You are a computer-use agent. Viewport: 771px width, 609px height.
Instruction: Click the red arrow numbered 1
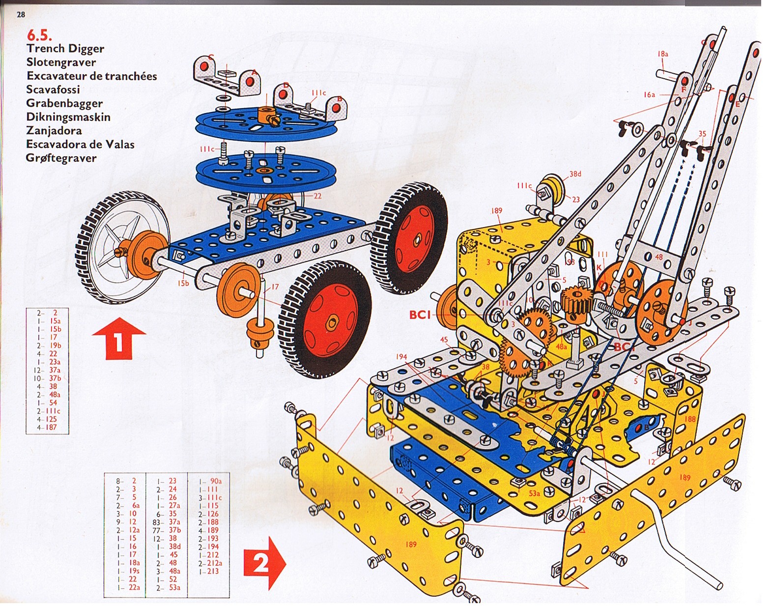119,338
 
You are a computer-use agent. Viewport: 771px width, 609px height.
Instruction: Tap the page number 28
21,15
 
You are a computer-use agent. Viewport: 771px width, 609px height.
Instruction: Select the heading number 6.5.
39,35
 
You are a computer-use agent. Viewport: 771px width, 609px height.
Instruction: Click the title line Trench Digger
65,49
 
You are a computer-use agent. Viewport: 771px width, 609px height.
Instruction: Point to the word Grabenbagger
64,104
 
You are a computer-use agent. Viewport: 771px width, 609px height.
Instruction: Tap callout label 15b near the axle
183,283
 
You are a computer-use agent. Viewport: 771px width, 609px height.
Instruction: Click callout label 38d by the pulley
575,174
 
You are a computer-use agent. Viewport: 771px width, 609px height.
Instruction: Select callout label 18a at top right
662,54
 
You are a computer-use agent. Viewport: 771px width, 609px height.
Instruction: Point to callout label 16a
649,94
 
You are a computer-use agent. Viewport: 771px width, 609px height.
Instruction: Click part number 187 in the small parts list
51,428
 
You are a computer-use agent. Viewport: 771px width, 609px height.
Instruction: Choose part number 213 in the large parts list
212,571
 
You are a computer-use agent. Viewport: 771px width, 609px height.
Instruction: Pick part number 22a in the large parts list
134,587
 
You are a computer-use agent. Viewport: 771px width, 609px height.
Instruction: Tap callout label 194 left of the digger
401,356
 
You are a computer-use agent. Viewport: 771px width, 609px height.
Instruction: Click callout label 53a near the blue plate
534,493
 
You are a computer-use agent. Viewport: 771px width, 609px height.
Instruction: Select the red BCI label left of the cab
420,314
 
